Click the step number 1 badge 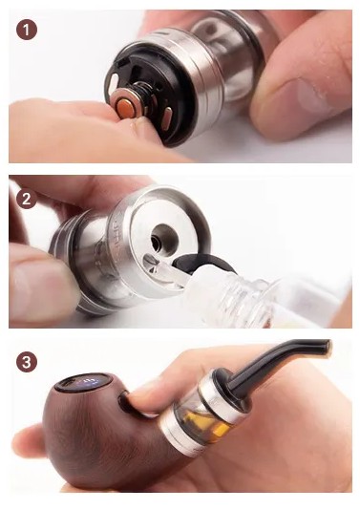27,30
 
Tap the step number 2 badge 26,199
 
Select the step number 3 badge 26,362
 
